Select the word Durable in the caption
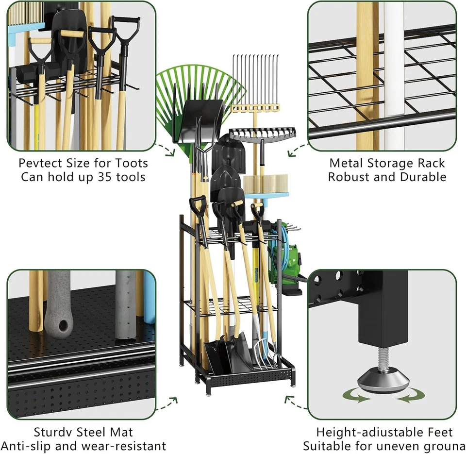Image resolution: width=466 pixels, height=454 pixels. pos(423,177)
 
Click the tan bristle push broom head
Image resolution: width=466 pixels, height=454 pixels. pos(262,185)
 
